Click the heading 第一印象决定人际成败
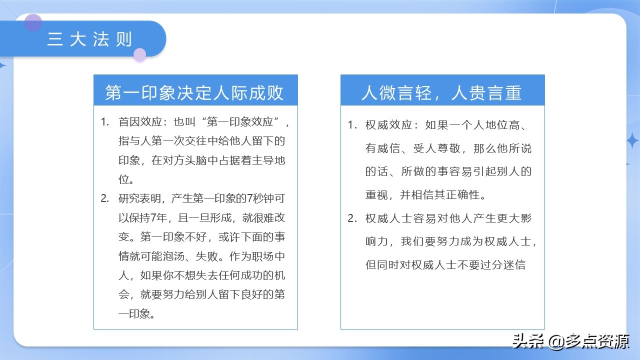coord(194,92)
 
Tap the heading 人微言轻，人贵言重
coord(441,92)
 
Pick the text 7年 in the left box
coord(155,217)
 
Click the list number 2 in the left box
coord(104,198)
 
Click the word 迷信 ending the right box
coord(514,264)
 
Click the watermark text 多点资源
coord(598,342)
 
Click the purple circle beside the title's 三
coord(33,22)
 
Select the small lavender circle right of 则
coord(140,54)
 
